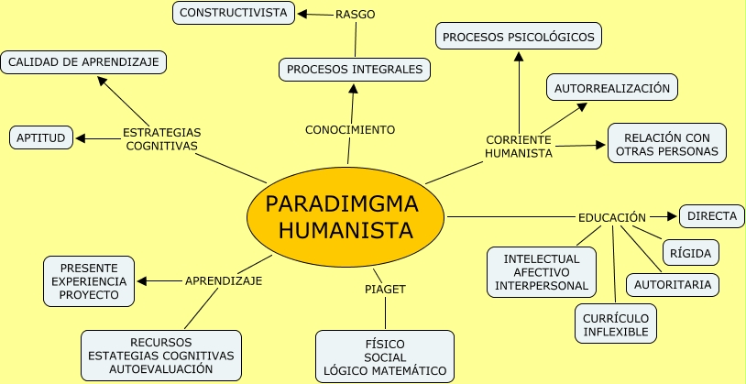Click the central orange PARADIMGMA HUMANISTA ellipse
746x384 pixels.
346,216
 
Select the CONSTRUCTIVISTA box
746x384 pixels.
234,13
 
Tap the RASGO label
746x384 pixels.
355,15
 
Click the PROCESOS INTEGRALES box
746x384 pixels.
354,69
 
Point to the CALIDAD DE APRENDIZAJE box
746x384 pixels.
84,62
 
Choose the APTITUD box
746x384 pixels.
40,138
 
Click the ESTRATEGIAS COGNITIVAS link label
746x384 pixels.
161,138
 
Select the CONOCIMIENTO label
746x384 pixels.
350,130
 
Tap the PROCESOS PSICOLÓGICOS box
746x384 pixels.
519,38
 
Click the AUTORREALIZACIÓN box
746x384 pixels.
612,89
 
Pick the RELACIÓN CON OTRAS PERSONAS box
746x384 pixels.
666,144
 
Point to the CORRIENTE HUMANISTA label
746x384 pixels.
519,146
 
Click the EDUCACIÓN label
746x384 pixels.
612,218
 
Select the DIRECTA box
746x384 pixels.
711,216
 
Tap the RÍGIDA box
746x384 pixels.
691,253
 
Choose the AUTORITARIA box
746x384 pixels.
672,285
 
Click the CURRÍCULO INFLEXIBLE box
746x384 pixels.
616,324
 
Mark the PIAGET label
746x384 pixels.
385,289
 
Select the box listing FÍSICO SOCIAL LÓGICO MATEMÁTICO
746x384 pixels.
385,357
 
